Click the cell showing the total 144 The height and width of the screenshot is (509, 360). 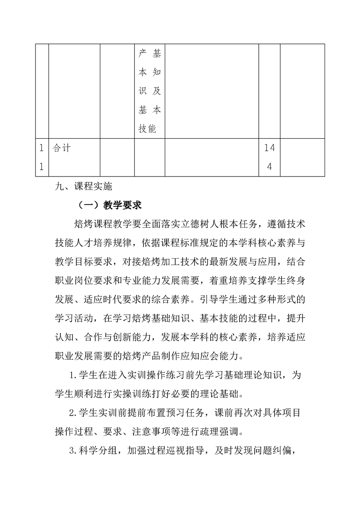269,157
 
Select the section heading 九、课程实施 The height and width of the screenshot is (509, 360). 79,186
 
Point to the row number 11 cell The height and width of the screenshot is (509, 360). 41,157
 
